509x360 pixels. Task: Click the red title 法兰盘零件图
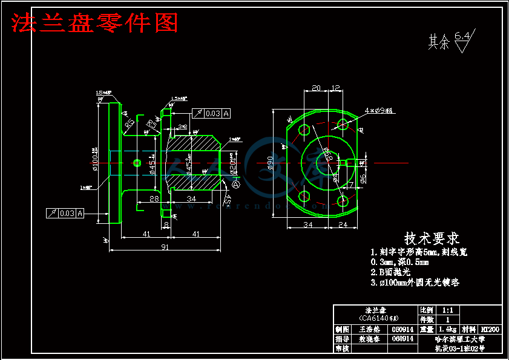[x=94, y=23]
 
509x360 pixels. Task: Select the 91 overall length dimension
[x=165, y=247]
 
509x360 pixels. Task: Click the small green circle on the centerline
[x=137, y=162]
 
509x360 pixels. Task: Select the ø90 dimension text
[x=280, y=162]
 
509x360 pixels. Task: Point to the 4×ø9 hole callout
[x=378, y=111]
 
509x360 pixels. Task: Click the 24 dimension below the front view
[x=342, y=224]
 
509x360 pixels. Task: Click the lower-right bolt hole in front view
[x=343, y=200]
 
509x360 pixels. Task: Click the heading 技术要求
[x=432, y=238]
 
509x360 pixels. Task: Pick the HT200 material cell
[x=490, y=330]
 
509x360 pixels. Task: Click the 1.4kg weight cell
[x=447, y=330]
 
